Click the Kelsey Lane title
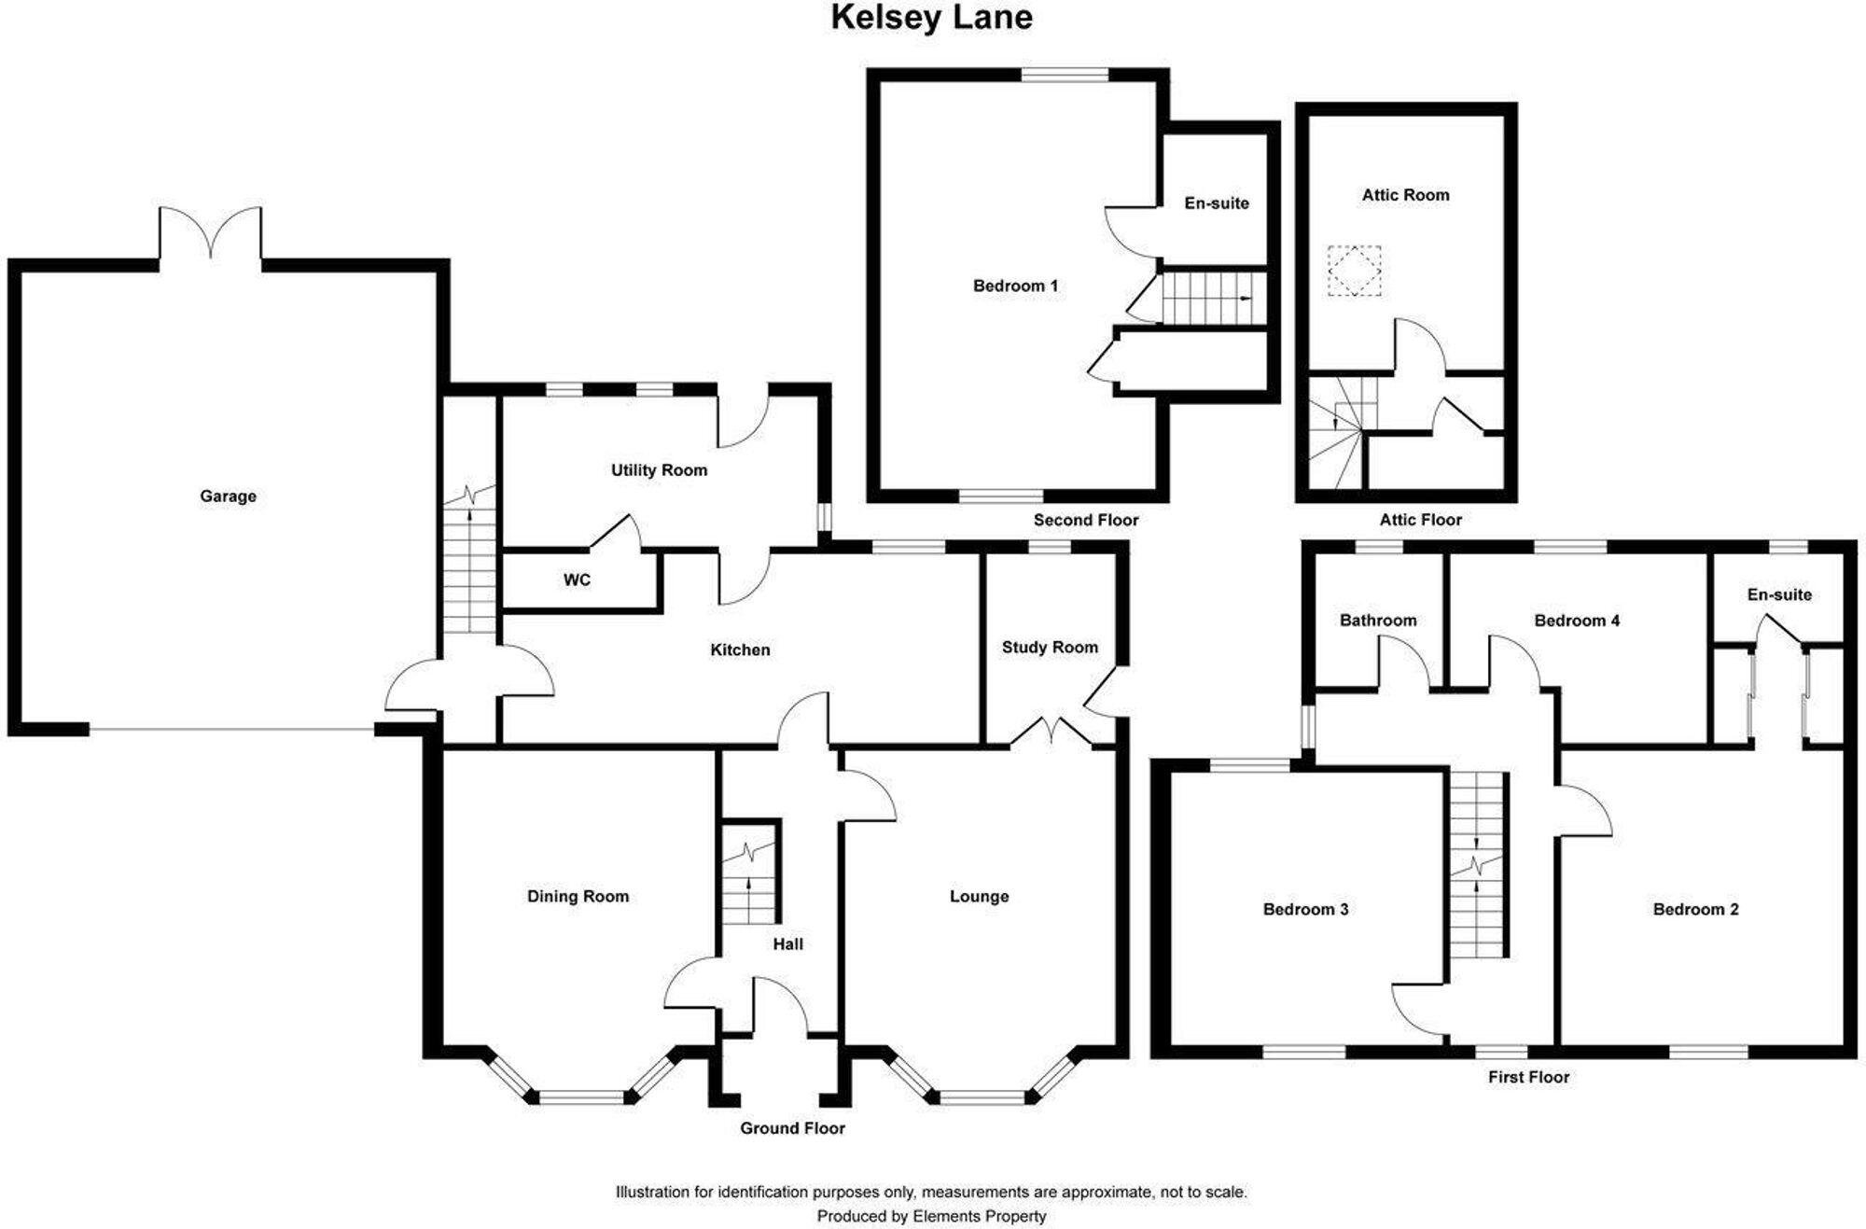pyautogui.click(x=931, y=18)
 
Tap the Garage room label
pyautogui.click(x=228, y=496)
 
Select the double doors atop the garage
pyautogui.click(x=211, y=233)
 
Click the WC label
pyautogui.click(x=577, y=580)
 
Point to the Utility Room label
pyautogui.click(x=659, y=470)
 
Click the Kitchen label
pyautogui.click(x=740, y=649)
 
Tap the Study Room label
pyautogui.click(x=1050, y=647)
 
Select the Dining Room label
pyautogui.click(x=578, y=897)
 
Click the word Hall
pyautogui.click(x=787, y=944)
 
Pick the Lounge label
pyautogui.click(x=979, y=897)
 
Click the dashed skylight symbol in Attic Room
pyautogui.click(x=1354, y=271)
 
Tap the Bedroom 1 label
pyautogui.click(x=1015, y=286)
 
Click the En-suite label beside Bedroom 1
pyautogui.click(x=1216, y=203)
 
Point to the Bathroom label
pyautogui.click(x=1377, y=621)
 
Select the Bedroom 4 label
pyautogui.click(x=1577, y=621)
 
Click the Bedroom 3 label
pyautogui.click(x=1305, y=910)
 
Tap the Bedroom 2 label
pyautogui.click(x=1695, y=910)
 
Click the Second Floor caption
pyautogui.click(x=1085, y=520)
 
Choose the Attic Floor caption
pyautogui.click(x=1420, y=520)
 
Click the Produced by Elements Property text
pyautogui.click(x=931, y=1216)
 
